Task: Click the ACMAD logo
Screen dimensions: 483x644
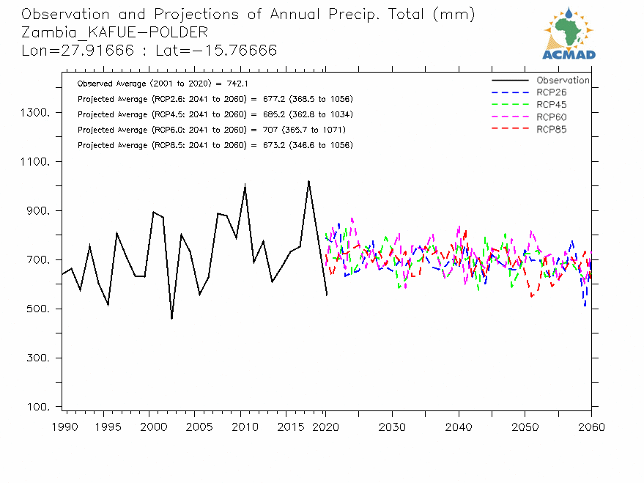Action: [569, 33]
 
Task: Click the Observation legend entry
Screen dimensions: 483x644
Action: [562, 80]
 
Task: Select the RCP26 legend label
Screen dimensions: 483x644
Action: [551, 92]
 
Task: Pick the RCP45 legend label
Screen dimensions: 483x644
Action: [551, 105]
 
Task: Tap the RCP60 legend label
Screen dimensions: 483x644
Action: [551, 117]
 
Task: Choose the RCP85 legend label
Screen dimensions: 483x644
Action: [551, 130]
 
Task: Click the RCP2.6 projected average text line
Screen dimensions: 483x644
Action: [215, 99]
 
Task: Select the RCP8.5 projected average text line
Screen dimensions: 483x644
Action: [215, 145]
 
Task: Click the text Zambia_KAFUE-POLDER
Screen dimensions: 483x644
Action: [114, 32]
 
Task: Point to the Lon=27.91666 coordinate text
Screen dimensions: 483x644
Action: [70, 50]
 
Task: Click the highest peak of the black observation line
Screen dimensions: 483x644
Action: [308, 180]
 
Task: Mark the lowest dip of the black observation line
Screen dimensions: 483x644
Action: [171, 318]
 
